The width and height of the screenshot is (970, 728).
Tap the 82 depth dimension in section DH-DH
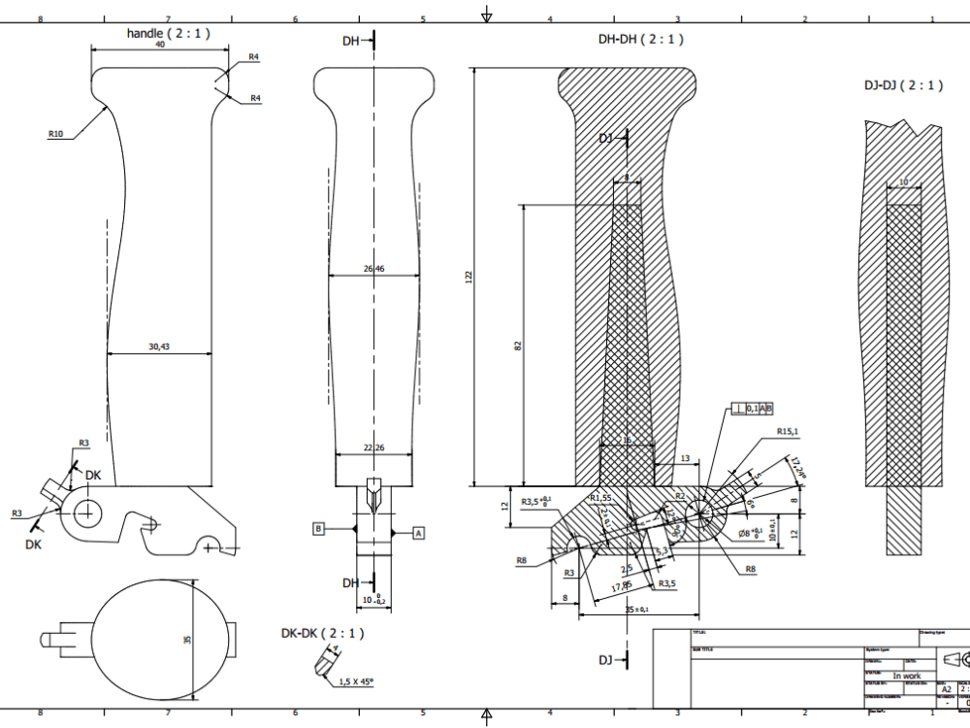pyautogui.click(x=519, y=346)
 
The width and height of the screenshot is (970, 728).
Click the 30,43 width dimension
pyautogui.click(x=158, y=347)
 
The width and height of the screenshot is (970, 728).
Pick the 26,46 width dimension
pyautogui.click(x=372, y=268)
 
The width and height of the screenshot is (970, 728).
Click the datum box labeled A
pyautogui.click(x=419, y=532)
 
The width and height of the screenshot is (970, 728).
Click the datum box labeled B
pyautogui.click(x=317, y=528)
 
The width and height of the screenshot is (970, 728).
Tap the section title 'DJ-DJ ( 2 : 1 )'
pyautogui.click(x=904, y=85)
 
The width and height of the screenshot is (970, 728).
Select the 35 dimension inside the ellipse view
pyautogui.click(x=188, y=639)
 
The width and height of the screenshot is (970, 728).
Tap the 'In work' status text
pyautogui.click(x=907, y=676)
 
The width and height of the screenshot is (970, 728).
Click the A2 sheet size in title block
pyautogui.click(x=947, y=689)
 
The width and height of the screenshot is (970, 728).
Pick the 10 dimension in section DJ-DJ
pyautogui.click(x=904, y=182)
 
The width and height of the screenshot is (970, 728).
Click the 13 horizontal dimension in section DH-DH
pyautogui.click(x=685, y=458)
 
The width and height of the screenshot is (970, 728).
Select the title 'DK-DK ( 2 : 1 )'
pyautogui.click(x=322, y=633)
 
